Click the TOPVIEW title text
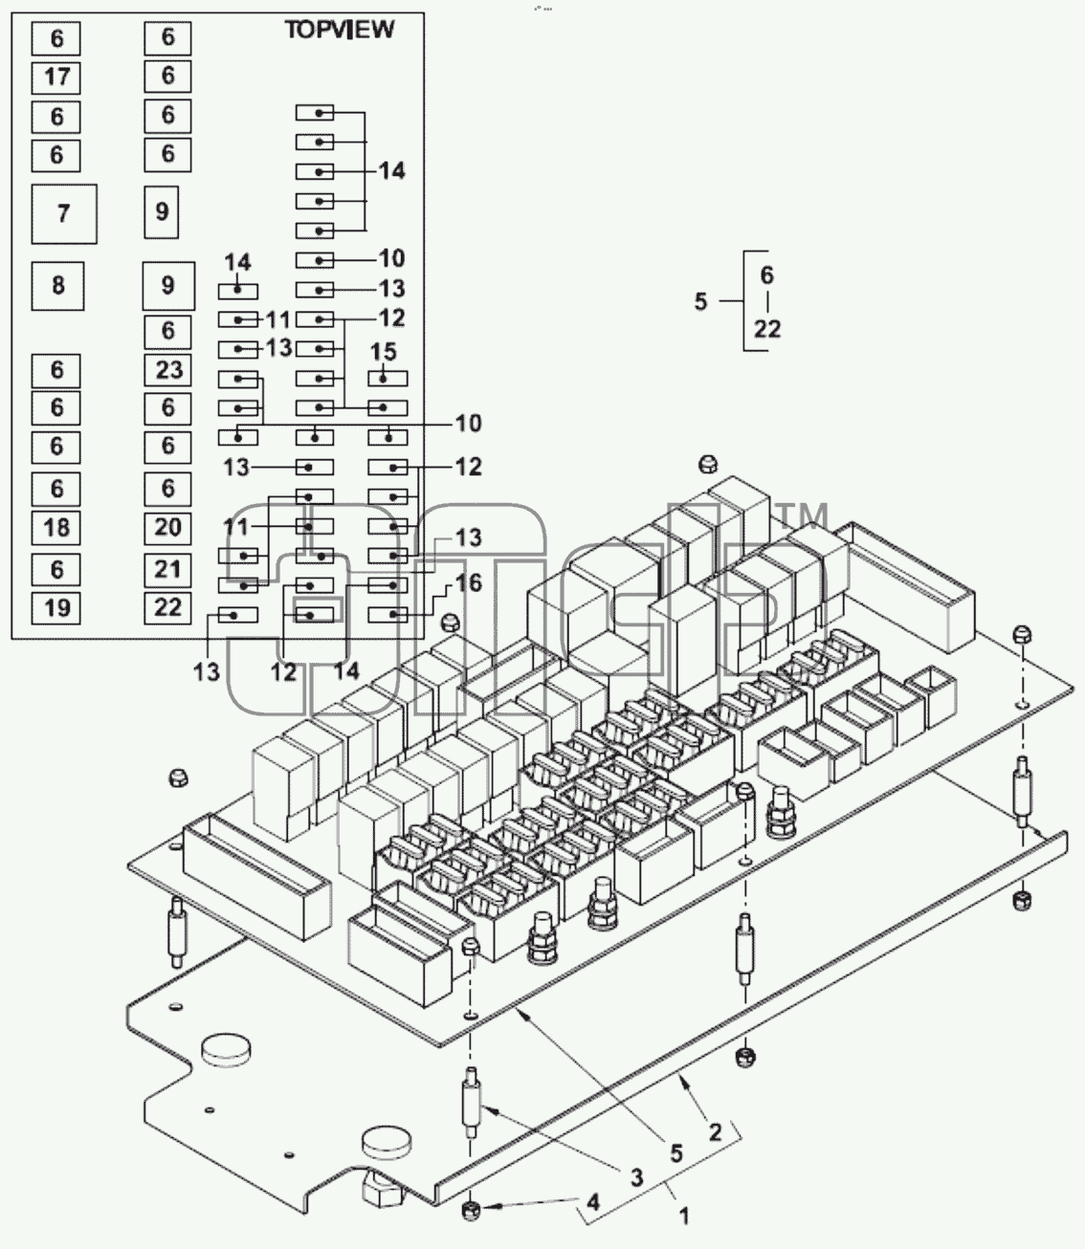coord(340,30)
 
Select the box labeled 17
coord(56,77)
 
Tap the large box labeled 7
coord(64,214)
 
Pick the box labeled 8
coord(58,286)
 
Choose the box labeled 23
coord(167,370)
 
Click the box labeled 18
coord(56,528)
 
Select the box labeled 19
coord(56,608)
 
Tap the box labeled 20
coord(167,528)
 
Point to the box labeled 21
coord(167,570)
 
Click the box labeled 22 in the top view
coord(167,608)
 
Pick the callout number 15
coord(384,352)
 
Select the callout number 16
coord(468,583)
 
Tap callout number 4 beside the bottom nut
coord(593,1202)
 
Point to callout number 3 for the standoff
coord(636,1177)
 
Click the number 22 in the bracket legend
coord(767,329)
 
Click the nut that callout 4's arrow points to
coord(470,1210)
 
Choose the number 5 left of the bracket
coord(701,301)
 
